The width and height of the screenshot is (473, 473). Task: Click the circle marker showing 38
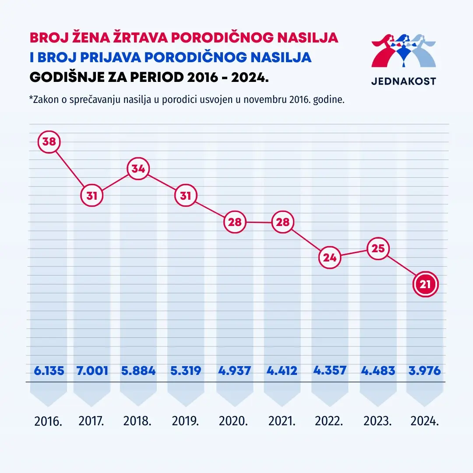[x=49, y=142]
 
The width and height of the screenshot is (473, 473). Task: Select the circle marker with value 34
[x=138, y=169]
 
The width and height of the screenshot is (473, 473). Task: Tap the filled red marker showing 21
[x=425, y=285]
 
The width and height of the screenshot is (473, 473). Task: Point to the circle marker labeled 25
[x=378, y=249]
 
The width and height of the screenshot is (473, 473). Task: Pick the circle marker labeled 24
[x=330, y=258]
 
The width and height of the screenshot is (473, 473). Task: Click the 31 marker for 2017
[x=92, y=196]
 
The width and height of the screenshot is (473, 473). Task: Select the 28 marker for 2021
[x=283, y=222]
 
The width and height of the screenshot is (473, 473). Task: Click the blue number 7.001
[x=92, y=371]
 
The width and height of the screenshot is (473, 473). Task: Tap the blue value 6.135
[x=49, y=371]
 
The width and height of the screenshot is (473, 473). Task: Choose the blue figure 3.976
[x=425, y=371]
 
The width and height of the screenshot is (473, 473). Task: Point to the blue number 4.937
[x=234, y=371]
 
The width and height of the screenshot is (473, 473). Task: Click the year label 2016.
[x=49, y=422]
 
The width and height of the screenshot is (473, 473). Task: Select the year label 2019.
[x=185, y=422]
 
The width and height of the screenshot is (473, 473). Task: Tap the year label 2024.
[x=425, y=422]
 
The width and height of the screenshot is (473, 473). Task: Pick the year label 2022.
[x=329, y=422]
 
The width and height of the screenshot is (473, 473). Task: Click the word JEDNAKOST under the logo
[x=403, y=81]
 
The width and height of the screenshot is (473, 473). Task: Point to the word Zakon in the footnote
[x=45, y=99]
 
